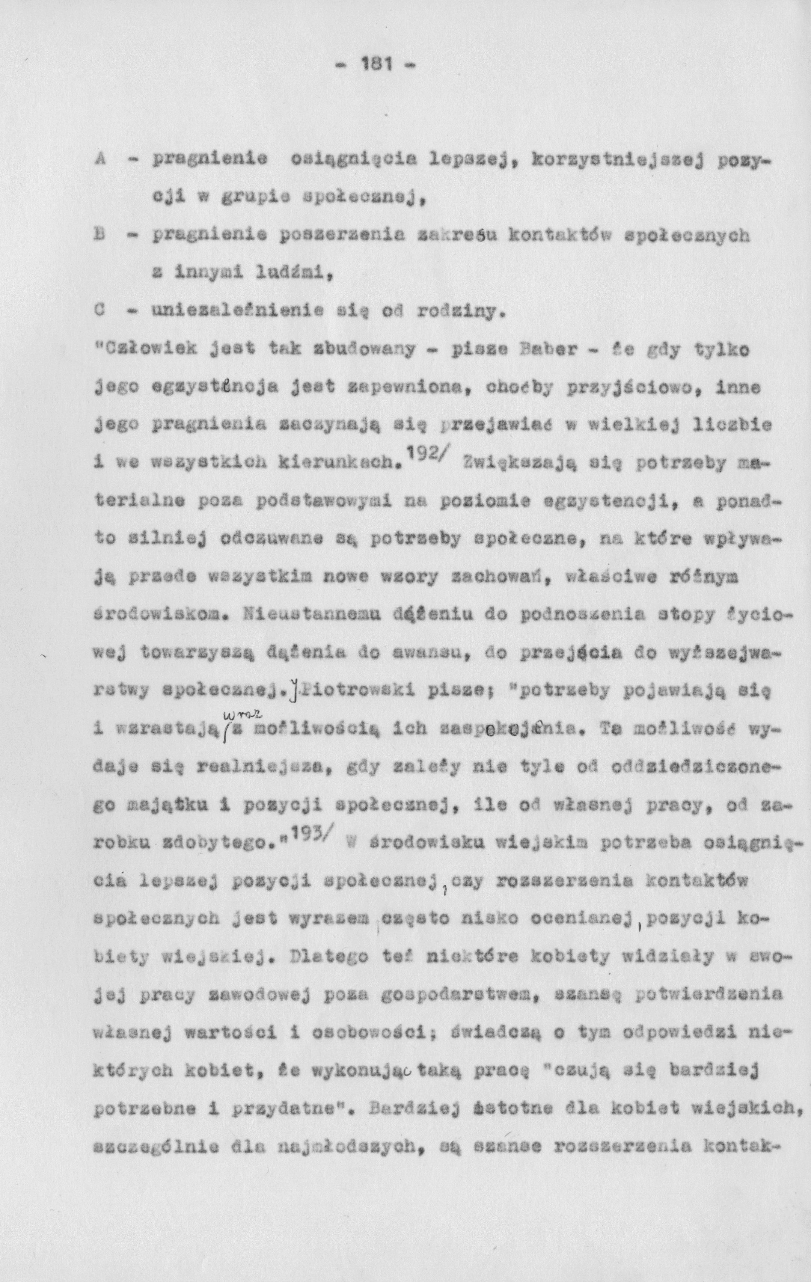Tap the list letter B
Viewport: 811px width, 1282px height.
click(x=99, y=235)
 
